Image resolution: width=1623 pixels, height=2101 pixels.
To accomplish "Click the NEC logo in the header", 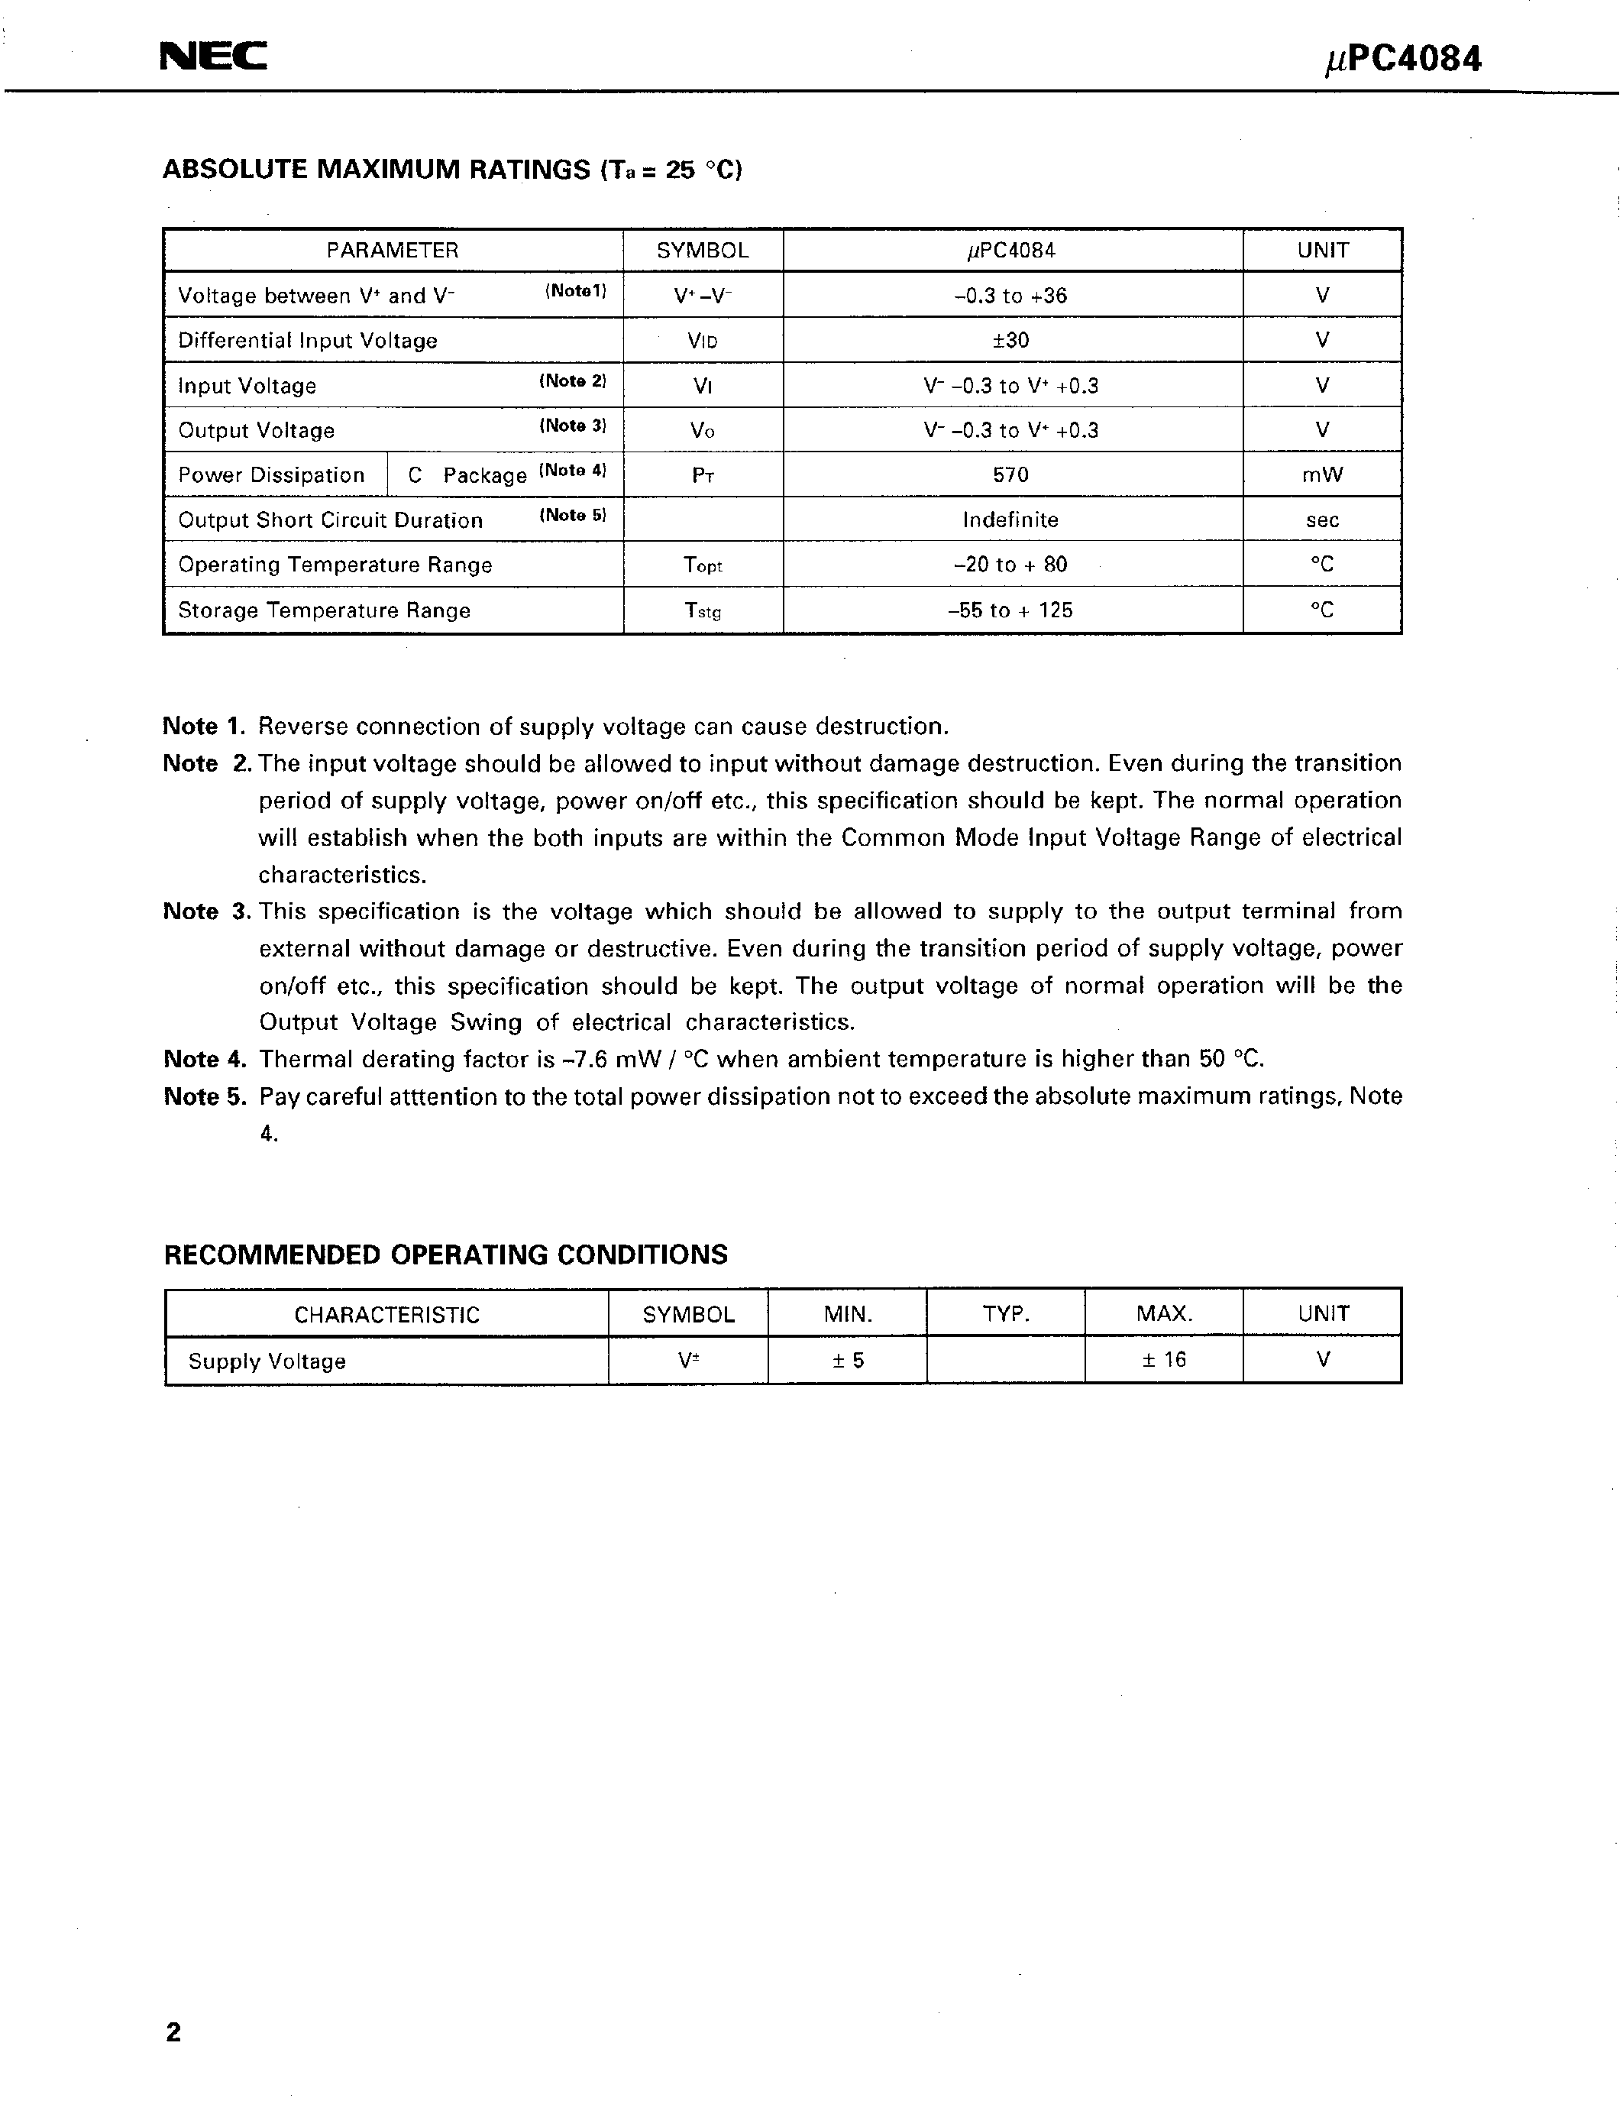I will click(x=212, y=58).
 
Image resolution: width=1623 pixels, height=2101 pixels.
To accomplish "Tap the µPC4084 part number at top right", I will click(x=1403, y=60).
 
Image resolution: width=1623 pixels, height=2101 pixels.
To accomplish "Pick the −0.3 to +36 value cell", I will click(x=1010, y=296).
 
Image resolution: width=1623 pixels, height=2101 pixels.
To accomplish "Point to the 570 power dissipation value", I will click(x=1010, y=475).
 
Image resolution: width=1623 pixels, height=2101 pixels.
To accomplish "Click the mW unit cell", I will click(x=1322, y=475).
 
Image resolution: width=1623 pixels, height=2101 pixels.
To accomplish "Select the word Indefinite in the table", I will click(x=1010, y=520).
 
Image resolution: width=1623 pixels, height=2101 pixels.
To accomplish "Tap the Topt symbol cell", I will click(x=703, y=565).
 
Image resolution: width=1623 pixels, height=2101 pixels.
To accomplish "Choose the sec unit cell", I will click(x=1322, y=520).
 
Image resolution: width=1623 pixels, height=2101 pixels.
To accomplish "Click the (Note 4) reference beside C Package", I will click(x=573, y=471).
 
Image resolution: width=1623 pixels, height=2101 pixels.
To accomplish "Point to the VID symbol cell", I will click(x=703, y=342).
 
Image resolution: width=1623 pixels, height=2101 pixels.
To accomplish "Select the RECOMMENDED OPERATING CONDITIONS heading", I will click(x=445, y=1255).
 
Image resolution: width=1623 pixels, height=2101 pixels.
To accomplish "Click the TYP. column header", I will click(x=1006, y=1314).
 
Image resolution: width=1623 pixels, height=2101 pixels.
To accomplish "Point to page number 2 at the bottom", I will click(x=173, y=2033).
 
